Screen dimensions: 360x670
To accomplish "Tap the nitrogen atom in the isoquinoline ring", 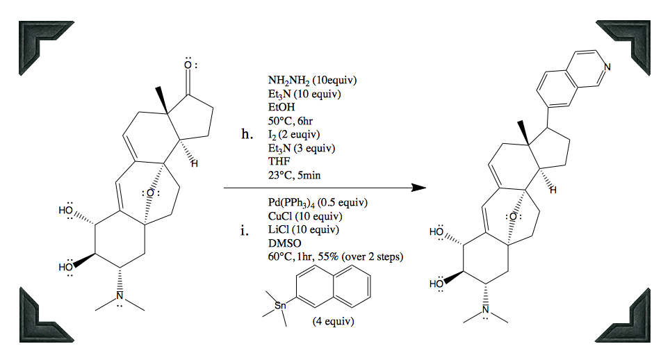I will click(607, 67).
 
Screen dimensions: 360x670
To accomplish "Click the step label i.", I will click(244, 231).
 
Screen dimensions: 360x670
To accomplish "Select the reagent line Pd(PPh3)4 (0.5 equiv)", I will click(317, 203).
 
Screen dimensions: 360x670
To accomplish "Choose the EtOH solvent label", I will click(281, 108).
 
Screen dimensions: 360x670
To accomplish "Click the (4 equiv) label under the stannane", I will click(334, 322).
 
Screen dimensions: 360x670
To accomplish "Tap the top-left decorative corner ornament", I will click(39, 40).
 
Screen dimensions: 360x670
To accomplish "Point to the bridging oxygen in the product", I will click(512, 217).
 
